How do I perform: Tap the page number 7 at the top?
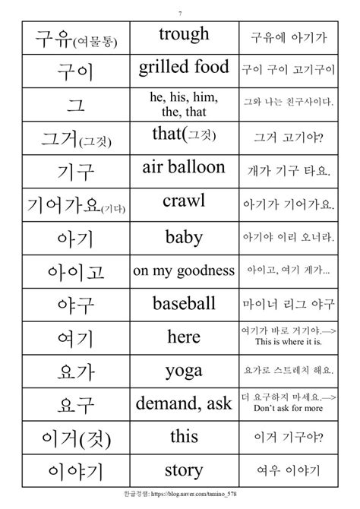180,12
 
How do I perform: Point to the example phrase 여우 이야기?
292,471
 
